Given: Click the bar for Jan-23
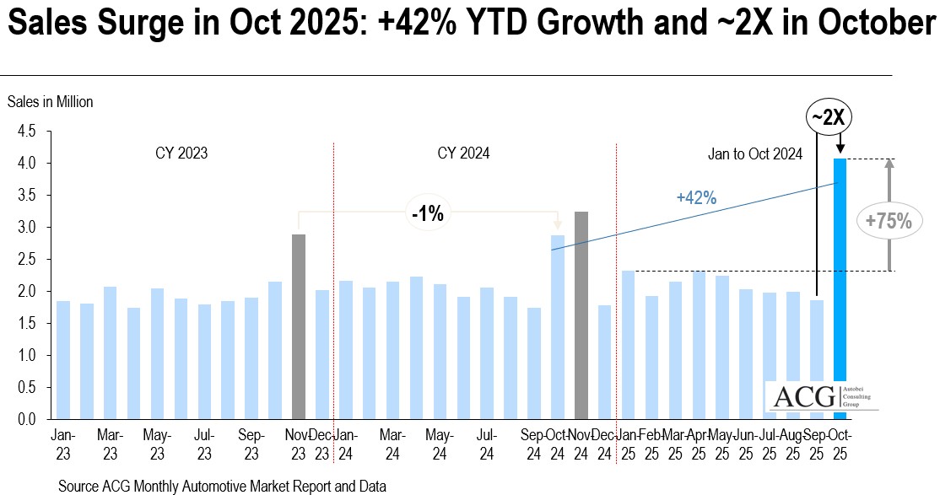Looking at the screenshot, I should (63, 359).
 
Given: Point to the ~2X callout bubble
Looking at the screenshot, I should (829, 118).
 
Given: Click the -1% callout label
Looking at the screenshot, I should (428, 213).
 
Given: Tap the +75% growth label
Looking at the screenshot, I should (889, 222).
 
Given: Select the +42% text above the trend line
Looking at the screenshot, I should (696, 198).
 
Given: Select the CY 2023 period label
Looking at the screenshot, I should (181, 153).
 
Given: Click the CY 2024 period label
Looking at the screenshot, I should (463, 153).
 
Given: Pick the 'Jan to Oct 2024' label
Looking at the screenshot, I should (754, 154).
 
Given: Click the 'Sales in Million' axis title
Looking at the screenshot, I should (51, 102).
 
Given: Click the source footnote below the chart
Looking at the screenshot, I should (223, 487).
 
